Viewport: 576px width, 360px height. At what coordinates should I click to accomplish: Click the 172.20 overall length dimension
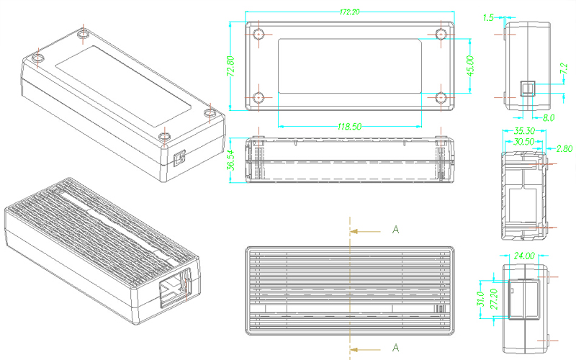pyautogui.click(x=350, y=12)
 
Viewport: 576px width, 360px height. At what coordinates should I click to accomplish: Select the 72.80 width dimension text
pyautogui.click(x=231, y=66)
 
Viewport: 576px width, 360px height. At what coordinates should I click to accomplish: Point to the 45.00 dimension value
pyautogui.click(x=470, y=66)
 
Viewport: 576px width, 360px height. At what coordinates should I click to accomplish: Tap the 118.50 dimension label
pyautogui.click(x=349, y=126)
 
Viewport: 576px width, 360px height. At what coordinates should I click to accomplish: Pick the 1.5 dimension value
pyautogui.click(x=489, y=18)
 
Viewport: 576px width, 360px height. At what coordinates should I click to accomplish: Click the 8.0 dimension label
pyautogui.click(x=548, y=117)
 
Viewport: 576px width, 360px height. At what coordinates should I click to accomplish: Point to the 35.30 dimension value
pyautogui.click(x=523, y=131)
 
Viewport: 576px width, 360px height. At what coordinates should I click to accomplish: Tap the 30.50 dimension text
pyautogui.click(x=523, y=143)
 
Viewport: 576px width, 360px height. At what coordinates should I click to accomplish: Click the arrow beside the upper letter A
pyautogui.click(x=366, y=231)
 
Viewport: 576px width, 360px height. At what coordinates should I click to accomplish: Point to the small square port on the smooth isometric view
pyautogui.click(x=180, y=156)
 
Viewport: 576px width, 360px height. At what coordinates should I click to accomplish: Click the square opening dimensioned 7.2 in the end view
pyautogui.click(x=528, y=88)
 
